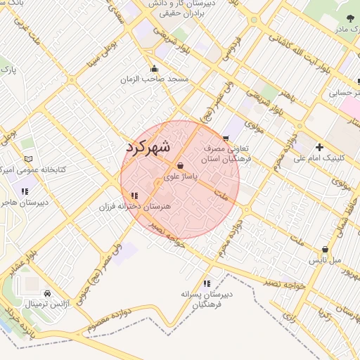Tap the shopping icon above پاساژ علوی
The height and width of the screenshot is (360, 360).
(x=181, y=166)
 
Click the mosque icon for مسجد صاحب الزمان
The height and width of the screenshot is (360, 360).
(x=155, y=69)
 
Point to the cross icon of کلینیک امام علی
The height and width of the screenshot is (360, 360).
(x=320, y=147)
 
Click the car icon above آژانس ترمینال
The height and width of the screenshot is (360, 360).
(x=47, y=293)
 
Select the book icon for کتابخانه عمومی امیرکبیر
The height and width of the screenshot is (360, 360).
(x=28, y=160)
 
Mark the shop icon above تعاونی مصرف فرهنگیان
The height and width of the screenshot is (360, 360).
(x=225, y=139)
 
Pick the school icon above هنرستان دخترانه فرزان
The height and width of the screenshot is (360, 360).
(x=134, y=195)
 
